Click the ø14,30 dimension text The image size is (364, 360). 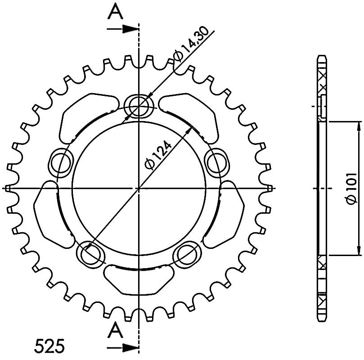pos(191,45)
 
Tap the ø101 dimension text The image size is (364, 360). pos(351,188)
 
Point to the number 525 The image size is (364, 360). pos(49,346)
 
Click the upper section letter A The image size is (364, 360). pos(115,12)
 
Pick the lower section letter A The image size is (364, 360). pos(115,331)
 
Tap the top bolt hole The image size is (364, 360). pos(139,106)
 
